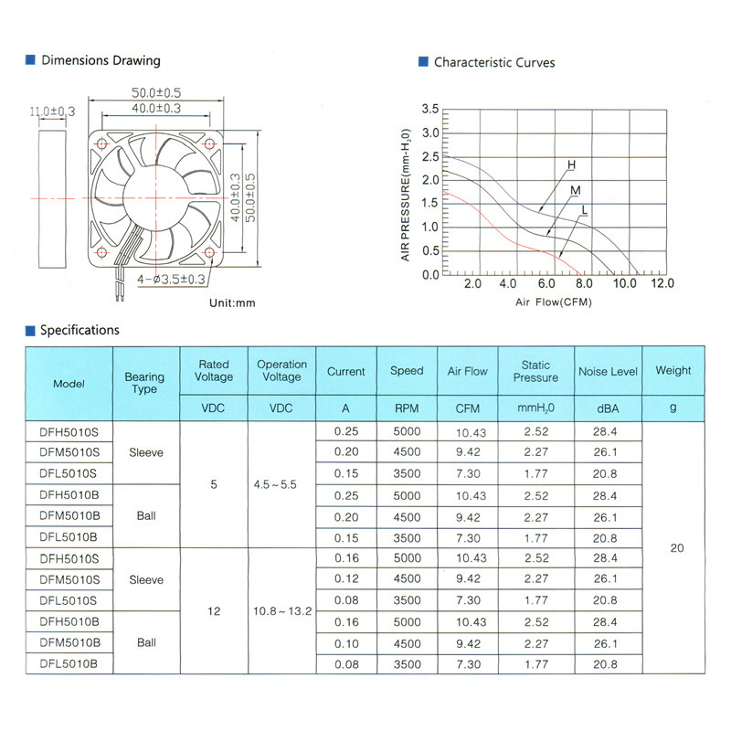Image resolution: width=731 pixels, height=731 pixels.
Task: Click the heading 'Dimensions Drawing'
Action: click(101, 60)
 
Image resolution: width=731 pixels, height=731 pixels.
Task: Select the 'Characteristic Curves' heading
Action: click(493, 62)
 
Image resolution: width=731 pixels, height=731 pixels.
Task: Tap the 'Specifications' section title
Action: click(79, 330)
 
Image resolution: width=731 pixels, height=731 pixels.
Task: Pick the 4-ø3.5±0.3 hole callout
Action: click(171, 280)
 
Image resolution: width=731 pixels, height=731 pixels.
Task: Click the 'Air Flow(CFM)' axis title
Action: click(553, 302)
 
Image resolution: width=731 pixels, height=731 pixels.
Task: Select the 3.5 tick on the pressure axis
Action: click(429, 110)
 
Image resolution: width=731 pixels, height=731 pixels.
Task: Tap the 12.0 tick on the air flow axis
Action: click(662, 284)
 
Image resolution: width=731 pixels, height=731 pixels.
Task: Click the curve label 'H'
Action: click(571, 165)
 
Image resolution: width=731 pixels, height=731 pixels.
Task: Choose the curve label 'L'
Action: click(584, 211)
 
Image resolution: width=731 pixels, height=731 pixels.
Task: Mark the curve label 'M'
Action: click(576, 190)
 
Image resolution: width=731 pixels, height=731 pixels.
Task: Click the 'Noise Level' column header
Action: click(608, 372)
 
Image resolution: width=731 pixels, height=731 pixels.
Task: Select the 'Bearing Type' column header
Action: click(144, 383)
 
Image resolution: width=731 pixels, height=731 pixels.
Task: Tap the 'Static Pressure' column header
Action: click(535, 372)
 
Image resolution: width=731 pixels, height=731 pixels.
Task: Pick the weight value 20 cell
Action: click(676, 548)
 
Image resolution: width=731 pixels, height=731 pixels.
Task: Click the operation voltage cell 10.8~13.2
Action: click(281, 610)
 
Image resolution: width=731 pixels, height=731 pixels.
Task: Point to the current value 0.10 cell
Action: click(344, 642)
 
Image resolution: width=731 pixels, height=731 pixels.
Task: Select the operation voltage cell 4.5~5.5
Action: click(276, 484)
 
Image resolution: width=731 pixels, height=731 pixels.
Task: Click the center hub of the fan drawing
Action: click(155, 196)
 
